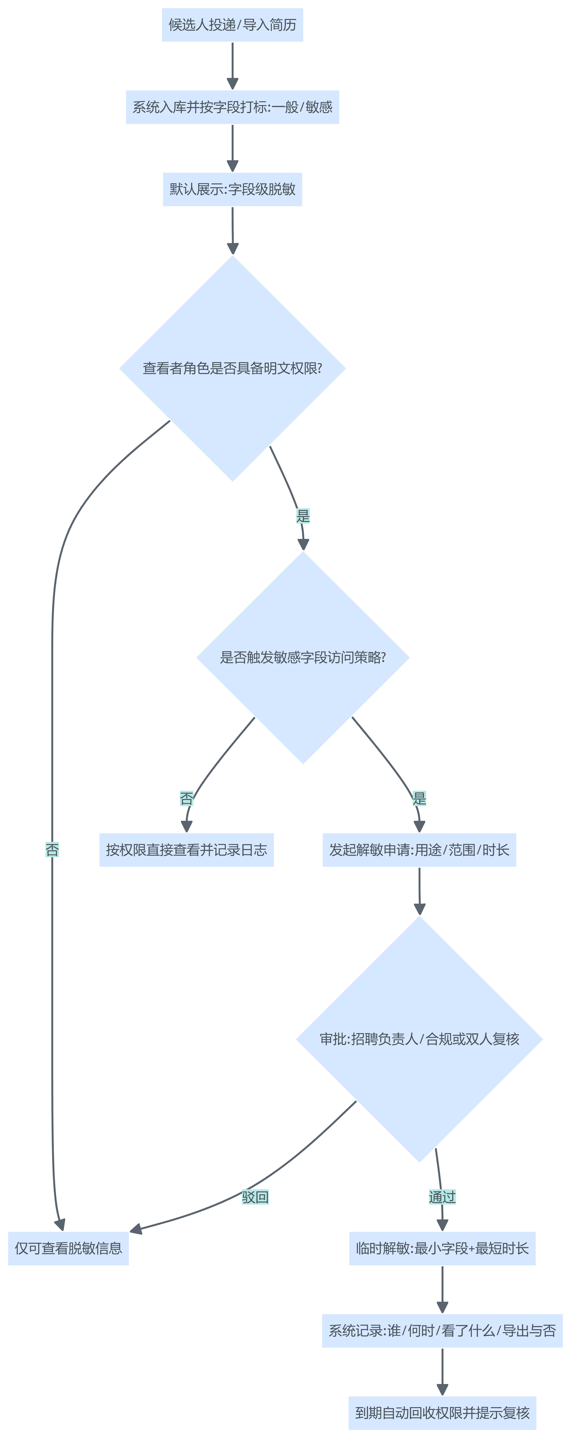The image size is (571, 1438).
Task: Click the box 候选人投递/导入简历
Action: tap(232, 25)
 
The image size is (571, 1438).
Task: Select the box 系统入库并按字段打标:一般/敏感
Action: tap(232, 107)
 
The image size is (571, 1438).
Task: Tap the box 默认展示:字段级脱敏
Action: tap(232, 189)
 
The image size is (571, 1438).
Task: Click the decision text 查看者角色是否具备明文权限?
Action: tap(232, 368)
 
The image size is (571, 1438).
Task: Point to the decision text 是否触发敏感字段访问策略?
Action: tap(303, 658)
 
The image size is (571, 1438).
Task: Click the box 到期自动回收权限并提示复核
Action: tap(442, 1413)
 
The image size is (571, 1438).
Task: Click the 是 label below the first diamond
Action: tap(303, 516)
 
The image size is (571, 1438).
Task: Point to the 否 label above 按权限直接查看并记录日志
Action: tap(187, 798)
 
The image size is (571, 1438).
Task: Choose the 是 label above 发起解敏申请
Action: tap(419, 798)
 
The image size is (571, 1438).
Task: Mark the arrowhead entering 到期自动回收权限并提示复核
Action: tap(442, 1390)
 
